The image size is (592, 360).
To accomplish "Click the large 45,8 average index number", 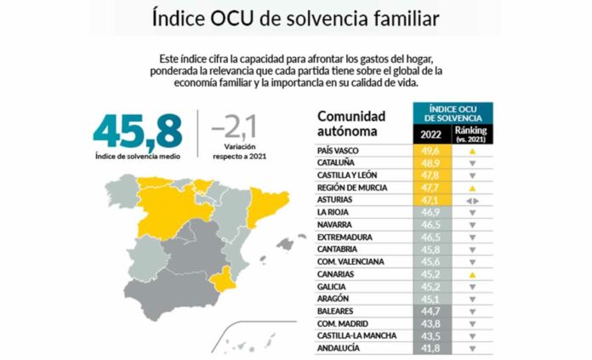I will coord(138,129).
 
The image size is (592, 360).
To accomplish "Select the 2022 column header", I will coord(432,134).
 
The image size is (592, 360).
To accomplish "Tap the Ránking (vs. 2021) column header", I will coord(470,134).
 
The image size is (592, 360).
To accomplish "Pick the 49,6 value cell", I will coord(432,150).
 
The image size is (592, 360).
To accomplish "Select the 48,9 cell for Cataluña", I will coord(432,163).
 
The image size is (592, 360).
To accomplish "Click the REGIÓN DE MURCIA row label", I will coord(353,186).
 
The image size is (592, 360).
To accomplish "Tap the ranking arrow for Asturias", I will coord(470,200).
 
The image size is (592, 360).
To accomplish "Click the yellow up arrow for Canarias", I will coord(470,275).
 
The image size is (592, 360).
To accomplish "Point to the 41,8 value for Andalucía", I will coord(432,348).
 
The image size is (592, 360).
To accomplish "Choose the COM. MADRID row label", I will coord(344,323).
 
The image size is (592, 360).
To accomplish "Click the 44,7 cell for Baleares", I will coord(432,311).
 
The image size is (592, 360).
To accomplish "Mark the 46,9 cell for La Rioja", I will coord(432,212).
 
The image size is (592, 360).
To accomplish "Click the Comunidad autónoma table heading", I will coord(350,124).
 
